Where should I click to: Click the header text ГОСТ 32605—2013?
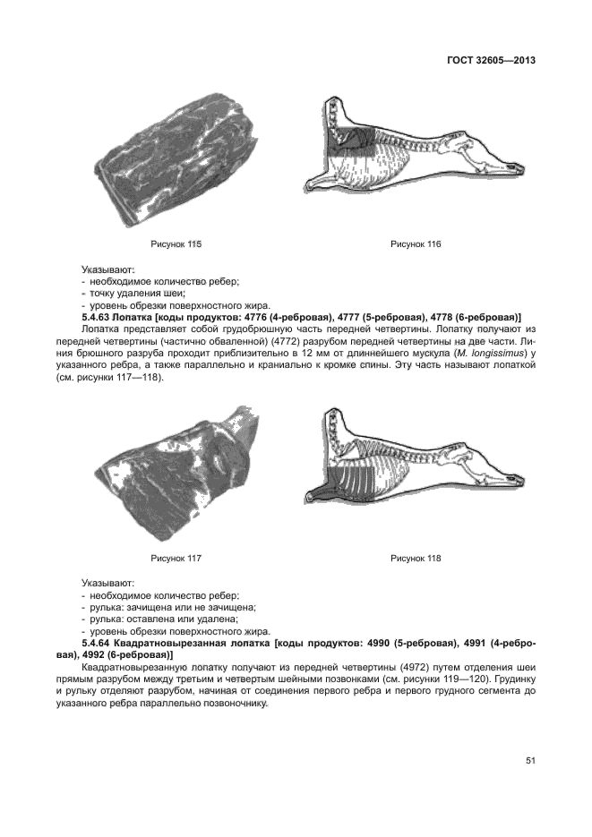(490, 61)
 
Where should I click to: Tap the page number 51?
(530, 761)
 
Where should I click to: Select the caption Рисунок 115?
(176, 243)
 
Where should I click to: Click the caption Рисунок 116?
(416, 243)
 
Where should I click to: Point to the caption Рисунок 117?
(176, 558)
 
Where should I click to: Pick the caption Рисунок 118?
(416, 558)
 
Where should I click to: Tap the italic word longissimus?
(499, 354)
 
